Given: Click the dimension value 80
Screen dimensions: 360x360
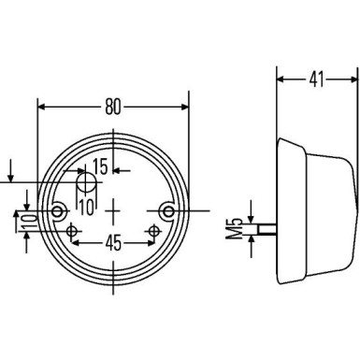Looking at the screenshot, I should pyautogui.click(x=113, y=106).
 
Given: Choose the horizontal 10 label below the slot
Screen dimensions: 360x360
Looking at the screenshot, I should pyautogui.click(x=86, y=205).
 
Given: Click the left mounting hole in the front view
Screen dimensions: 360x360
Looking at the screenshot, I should pyautogui.click(x=62, y=211).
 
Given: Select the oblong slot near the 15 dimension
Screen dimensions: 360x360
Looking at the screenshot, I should pyautogui.click(x=84, y=182).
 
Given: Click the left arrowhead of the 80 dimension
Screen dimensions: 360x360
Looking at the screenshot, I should pyautogui.click(x=41, y=106).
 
